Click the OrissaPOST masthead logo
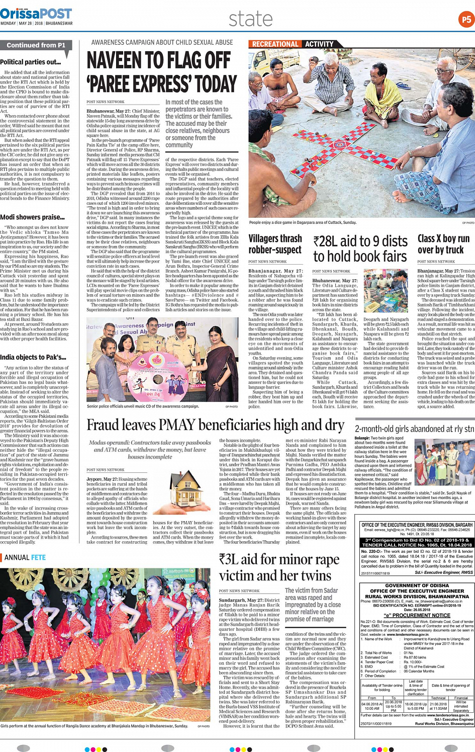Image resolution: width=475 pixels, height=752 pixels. click(36, 13)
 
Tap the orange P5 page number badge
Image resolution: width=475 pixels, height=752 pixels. click(466, 20)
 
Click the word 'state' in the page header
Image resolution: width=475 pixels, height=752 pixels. click(250, 19)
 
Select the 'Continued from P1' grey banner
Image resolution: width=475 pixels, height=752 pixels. click(36, 45)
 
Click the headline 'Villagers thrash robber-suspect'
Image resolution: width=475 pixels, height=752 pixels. click(275, 244)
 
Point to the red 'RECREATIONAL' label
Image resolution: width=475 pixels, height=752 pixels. click(275, 44)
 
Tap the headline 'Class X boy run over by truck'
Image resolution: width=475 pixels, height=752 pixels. click(443, 244)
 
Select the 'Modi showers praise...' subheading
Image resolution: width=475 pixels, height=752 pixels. click(32, 217)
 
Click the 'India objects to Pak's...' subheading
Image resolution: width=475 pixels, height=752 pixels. click(33, 357)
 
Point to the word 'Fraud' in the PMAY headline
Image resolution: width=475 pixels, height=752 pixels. click(105, 426)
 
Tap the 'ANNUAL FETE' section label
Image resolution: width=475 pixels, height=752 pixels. click(25, 557)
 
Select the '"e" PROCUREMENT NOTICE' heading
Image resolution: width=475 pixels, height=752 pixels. click(417, 615)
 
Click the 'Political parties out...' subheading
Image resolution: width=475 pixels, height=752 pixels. click(30, 62)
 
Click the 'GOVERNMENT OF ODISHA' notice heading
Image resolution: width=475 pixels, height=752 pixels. click(417, 586)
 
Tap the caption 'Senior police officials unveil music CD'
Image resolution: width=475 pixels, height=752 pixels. click(143, 406)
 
